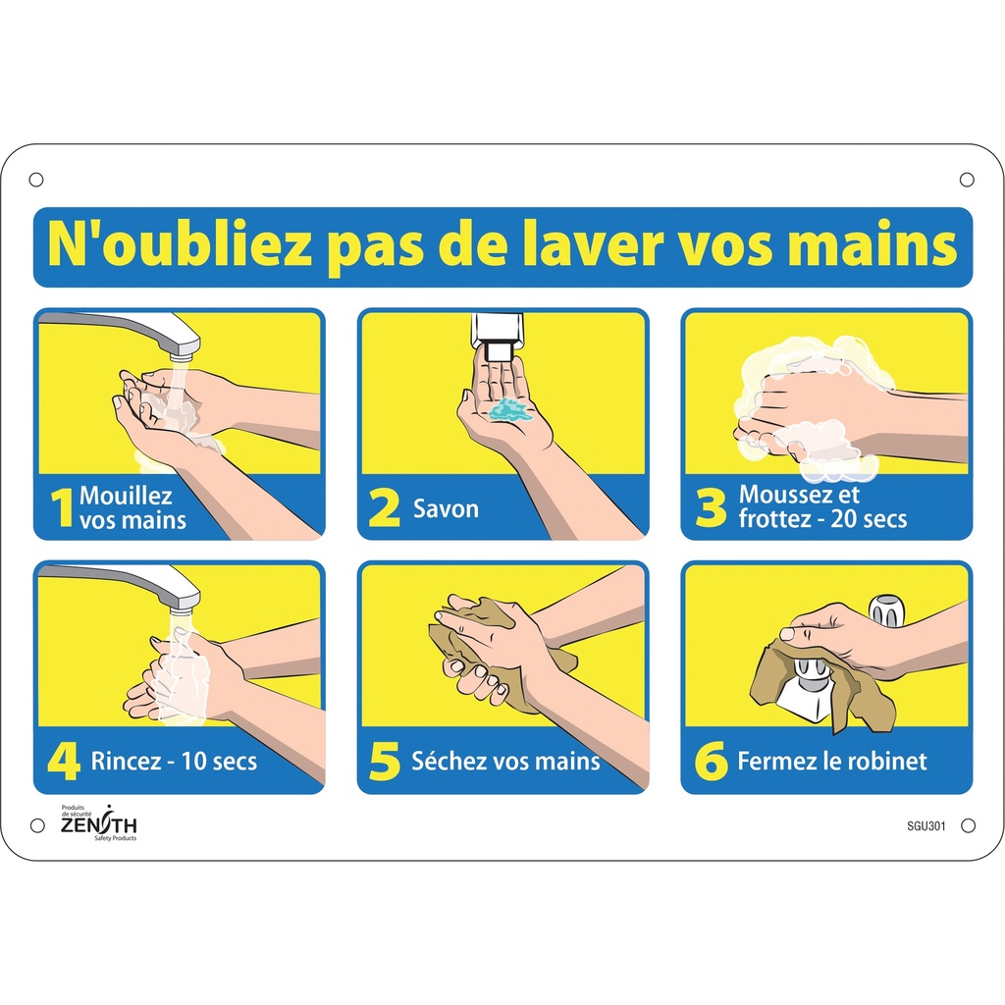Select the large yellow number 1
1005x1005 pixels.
[x=62, y=509]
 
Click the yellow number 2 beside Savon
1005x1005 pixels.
[x=385, y=509]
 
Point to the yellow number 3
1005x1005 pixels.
[x=710, y=509]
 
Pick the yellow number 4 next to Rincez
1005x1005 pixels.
[x=62, y=763]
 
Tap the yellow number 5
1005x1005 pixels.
[x=385, y=763]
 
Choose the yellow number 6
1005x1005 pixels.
[x=710, y=763]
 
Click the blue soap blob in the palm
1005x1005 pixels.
[x=509, y=409]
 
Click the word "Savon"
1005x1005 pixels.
[x=446, y=509]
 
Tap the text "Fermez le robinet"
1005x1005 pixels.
[x=831, y=762]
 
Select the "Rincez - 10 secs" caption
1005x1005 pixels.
[x=173, y=762]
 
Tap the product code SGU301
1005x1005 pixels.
[x=926, y=826]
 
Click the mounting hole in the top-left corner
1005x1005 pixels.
[x=36, y=180]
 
